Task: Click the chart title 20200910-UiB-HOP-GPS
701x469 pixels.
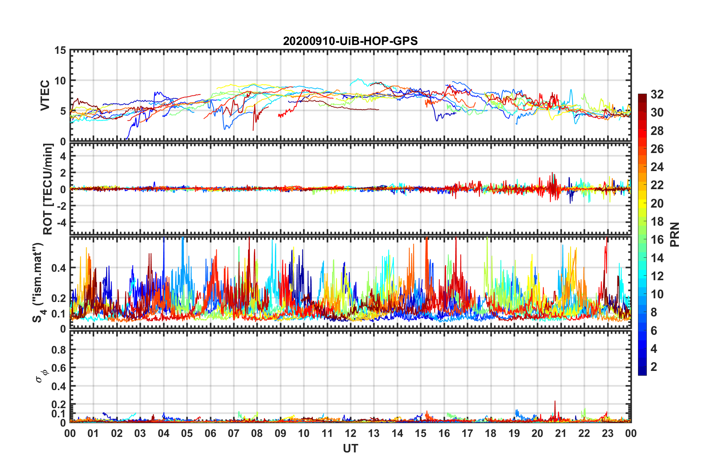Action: point(350,41)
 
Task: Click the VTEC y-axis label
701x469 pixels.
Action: point(45,95)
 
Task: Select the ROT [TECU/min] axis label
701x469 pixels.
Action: point(48,189)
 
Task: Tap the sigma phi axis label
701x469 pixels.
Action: point(42,376)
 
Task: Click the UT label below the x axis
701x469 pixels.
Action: point(350,448)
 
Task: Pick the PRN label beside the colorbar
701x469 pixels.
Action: point(675,234)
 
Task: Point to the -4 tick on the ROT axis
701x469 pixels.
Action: point(60,223)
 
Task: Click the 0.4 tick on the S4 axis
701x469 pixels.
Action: point(59,268)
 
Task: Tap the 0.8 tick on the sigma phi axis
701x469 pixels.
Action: point(59,350)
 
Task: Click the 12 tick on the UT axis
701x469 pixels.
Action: point(350,433)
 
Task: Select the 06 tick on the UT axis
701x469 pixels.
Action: point(210,433)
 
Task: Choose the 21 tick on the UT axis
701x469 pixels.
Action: point(561,433)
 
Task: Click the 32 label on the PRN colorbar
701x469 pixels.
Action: point(657,94)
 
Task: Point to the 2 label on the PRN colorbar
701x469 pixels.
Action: point(654,366)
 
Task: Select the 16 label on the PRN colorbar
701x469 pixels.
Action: point(657,240)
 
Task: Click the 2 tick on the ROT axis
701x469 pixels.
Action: point(63,173)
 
